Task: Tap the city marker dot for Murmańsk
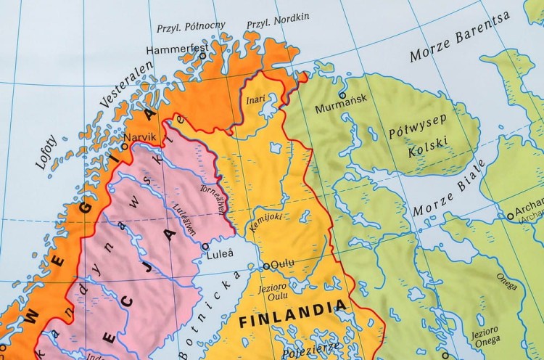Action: [x=342, y=95]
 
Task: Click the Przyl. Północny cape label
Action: [x=191, y=28]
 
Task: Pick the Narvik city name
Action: [x=140, y=137]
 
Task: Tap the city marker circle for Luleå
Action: [x=205, y=246]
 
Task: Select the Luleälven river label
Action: [x=184, y=216]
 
